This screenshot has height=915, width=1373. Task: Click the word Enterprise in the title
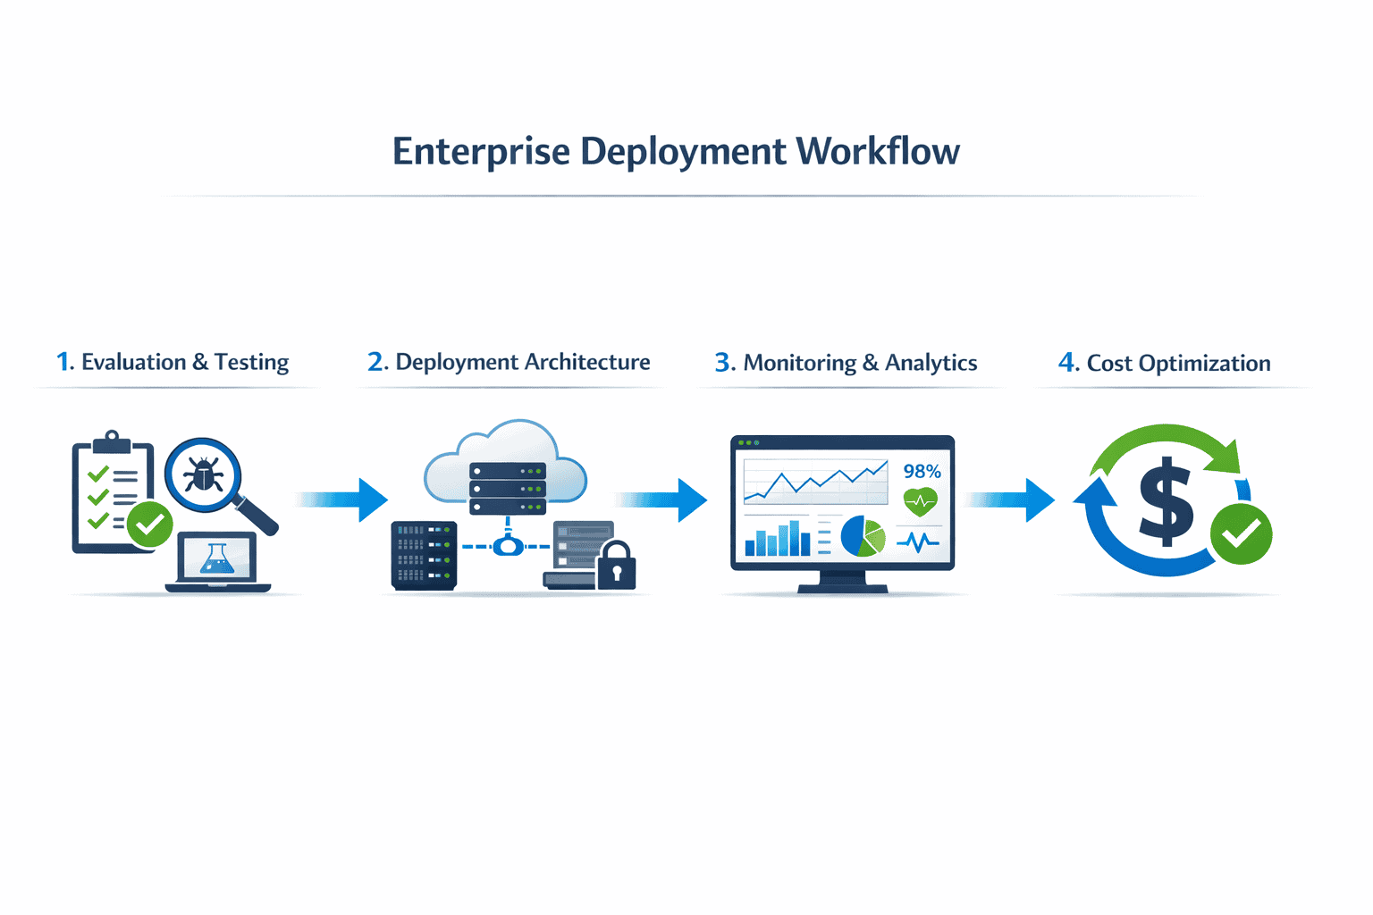coord(481,152)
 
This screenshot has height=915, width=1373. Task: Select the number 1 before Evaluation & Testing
coord(63,362)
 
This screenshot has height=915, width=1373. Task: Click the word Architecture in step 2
coord(587,362)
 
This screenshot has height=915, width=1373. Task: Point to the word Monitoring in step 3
coord(799,363)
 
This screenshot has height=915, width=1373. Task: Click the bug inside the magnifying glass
coord(203,474)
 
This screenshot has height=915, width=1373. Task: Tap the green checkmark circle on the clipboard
coord(149,525)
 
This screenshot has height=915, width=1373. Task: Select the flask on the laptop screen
coord(217,559)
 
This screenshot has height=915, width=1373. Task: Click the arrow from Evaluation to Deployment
coord(342,499)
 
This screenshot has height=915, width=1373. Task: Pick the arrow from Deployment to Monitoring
coord(661,499)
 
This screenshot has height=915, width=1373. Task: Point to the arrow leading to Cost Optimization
coord(1010,499)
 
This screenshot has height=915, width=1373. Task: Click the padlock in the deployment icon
coord(616,567)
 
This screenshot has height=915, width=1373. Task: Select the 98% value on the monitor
coord(922,471)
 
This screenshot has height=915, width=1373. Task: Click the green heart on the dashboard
coord(920,502)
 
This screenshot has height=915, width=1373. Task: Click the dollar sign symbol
coord(1166,501)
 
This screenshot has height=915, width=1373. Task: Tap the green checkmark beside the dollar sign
coord(1241,534)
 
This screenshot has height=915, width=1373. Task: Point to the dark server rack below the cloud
coord(424,556)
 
